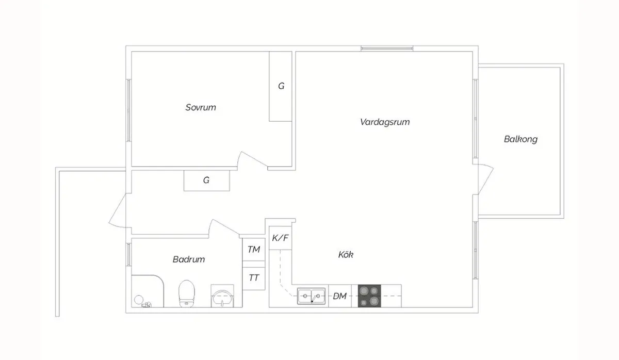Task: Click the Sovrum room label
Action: tap(201, 108)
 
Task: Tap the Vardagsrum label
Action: tap(385, 122)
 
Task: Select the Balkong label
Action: tap(520, 139)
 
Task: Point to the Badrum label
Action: tap(188, 259)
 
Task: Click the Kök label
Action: tap(346, 255)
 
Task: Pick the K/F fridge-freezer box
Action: tap(281, 238)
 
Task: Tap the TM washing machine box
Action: tap(253, 250)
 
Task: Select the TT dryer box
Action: tap(253, 277)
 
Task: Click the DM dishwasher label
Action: tap(339, 296)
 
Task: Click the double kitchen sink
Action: tap(312, 296)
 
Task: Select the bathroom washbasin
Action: tap(223, 297)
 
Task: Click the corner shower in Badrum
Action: tap(146, 291)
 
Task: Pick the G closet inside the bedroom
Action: tap(281, 87)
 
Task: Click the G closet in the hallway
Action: tap(206, 181)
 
